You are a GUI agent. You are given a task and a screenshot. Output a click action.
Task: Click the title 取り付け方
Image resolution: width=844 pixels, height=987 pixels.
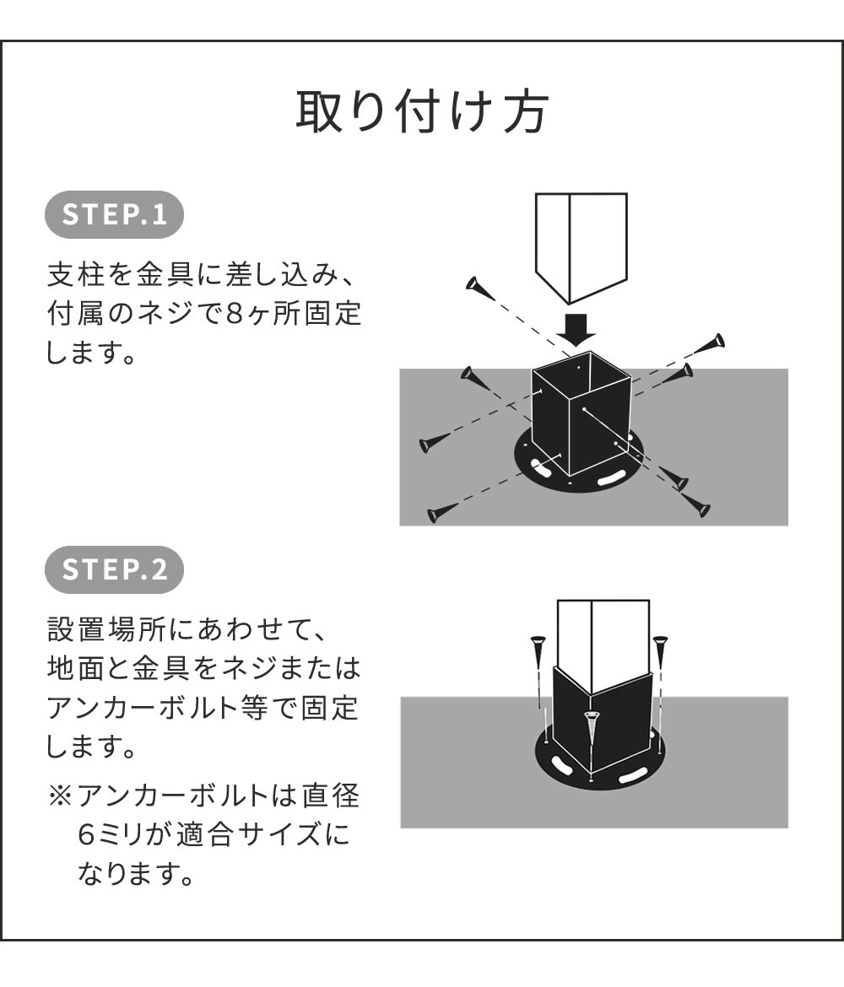422,112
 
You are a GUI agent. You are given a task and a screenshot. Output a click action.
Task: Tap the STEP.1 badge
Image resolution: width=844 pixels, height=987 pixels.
114,214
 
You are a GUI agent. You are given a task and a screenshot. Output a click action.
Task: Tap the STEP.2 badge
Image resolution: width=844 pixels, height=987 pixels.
114,569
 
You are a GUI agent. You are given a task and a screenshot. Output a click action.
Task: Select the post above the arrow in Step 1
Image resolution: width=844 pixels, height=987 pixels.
581,245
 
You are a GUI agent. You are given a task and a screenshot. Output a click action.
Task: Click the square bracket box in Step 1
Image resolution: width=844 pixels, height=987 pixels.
581,422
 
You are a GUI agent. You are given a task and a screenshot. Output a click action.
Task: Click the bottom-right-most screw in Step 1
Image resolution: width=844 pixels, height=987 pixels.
697,507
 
